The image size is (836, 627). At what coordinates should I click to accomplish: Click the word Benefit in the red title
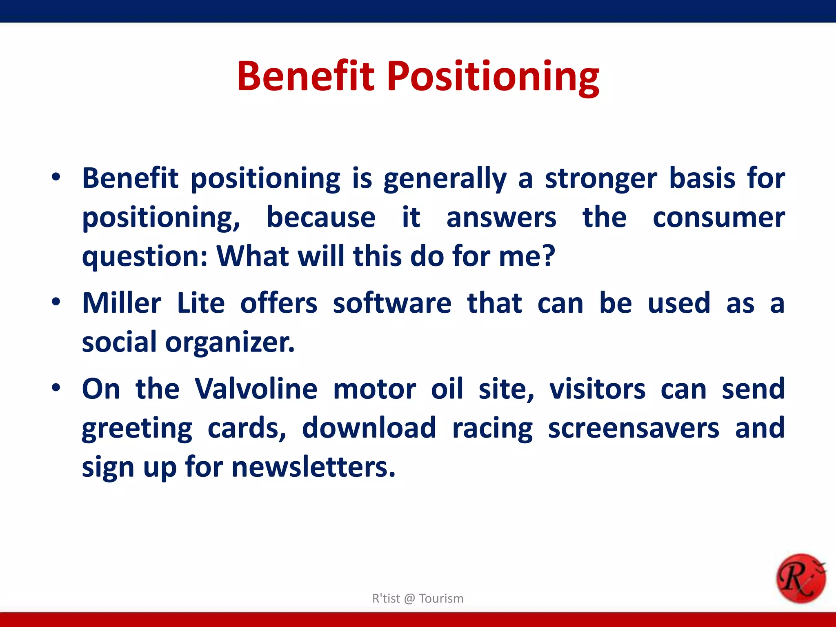[x=305, y=76]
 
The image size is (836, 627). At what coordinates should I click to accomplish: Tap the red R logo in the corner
[x=800, y=578]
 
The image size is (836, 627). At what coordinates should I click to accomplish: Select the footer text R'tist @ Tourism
[x=418, y=598]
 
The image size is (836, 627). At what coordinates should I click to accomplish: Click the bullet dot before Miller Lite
[x=56, y=302]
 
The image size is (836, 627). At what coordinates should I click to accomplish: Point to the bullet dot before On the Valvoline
[x=56, y=388]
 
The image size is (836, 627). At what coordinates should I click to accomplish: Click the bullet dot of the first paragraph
[x=56, y=178]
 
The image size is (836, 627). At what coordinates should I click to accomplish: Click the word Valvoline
[x=256, y=389]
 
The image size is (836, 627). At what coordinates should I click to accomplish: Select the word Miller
[x=122, y=303]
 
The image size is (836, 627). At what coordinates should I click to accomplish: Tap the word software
[x=392, y=303]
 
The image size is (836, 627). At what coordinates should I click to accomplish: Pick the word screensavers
[x=634, y=428]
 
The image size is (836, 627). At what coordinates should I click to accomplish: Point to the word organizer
[x=229, y=342]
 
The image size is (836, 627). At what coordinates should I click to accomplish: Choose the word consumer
[x=718, y=218]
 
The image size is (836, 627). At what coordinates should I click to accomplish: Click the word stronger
[x=601, y=179]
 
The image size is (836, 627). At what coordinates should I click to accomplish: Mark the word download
[x=369, y=428]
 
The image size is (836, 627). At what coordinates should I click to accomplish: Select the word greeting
[x=137, y=429]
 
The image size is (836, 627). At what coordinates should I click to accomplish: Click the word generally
[x=445, y=179]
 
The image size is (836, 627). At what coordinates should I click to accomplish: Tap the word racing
[x=492, y=429]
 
